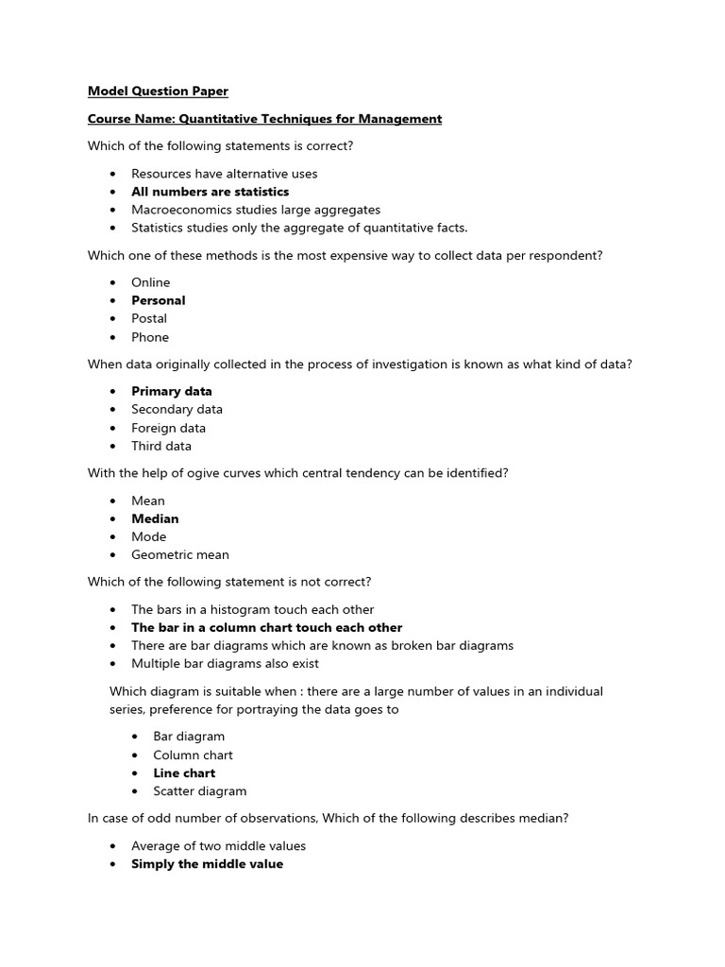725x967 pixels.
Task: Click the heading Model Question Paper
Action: (x=158, y=92)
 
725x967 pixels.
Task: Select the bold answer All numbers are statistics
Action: (x=210, y=192)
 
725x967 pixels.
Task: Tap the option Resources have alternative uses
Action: (x=224, y=174)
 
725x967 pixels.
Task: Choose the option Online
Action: (x=150, y=282)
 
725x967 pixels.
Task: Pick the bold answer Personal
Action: (x=158, y=300)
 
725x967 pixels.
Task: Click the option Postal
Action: (x=149, y=318)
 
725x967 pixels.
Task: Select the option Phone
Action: (x=150, y=337)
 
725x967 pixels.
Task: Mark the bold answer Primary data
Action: (x=171, y=391)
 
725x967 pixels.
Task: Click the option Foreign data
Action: (x=168, y=428)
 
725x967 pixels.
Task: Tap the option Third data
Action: (x=160, y=446)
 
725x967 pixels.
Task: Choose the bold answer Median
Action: (x=155, y=518)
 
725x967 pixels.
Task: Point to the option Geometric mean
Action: (x=179, y=555)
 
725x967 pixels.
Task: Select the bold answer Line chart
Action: (x=184, y=772)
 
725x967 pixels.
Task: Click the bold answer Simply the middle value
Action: (x=207, y=864)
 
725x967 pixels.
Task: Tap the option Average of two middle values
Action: (x=218, y=846)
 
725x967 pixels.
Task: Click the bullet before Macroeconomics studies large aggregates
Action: (x=113, y=210)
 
